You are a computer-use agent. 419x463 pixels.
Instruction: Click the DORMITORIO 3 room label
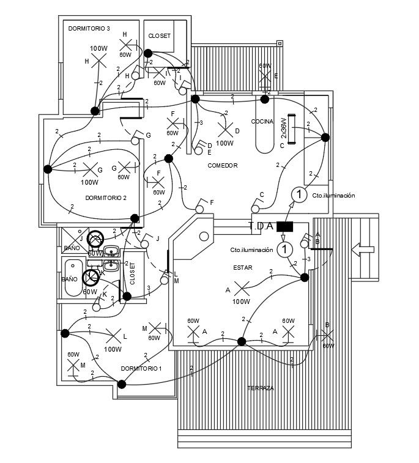[x=89, y=29]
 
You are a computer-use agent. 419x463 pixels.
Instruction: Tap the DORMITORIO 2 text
[x=106, y=198]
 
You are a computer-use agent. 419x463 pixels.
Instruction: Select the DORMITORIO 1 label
[x=141, y=368]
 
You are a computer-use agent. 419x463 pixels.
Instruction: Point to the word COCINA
[x=262, y=122]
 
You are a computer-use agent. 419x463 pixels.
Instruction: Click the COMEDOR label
[x=222, y=166]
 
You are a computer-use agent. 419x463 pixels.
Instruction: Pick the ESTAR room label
[x=242, y=268]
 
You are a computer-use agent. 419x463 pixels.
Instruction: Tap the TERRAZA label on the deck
[x=261, y=388]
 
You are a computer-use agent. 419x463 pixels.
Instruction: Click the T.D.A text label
[x=261, y=226]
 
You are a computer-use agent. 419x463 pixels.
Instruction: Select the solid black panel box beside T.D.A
[x=285, y=226]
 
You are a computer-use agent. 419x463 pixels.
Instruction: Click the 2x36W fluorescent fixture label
[x=283, y=128]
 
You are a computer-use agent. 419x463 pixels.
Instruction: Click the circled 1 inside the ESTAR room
[x=284, y=249]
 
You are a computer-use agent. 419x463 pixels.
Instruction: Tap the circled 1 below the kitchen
[x=298, y=194]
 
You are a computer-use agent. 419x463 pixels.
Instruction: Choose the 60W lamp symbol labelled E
[x=265, y=77]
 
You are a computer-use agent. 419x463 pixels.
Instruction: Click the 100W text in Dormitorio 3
[x=98, y=48]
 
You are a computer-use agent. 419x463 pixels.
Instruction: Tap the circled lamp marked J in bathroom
[x=95, y=239]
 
